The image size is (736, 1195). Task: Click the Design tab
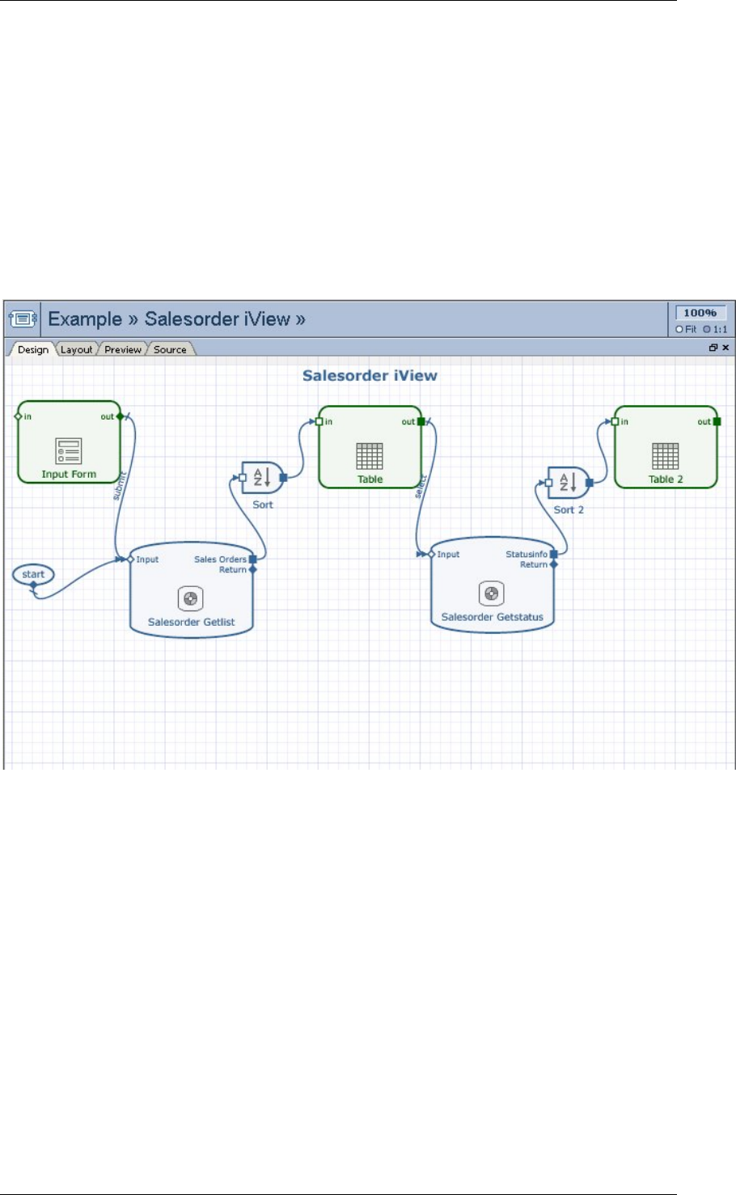(x=33, y=350)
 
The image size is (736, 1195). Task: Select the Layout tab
(x=76, y=350)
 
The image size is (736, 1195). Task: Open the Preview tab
(x=123, y=350)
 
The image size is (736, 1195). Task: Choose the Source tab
(x=170, y=350)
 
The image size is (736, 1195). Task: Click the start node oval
(x=33, y=575)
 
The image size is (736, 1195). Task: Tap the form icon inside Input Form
(x=69, y=451)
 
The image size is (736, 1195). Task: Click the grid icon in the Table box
(x=370, y=456)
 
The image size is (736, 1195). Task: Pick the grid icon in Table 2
(x=666, y=456)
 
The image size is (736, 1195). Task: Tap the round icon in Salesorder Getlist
(x=191, y=599)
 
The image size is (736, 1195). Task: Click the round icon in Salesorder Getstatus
(x=491, y=594)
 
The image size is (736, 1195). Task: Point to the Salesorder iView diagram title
(x=370, y=376)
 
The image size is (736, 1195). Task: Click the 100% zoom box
(x=700, y=313)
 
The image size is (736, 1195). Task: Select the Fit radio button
(x=679, y=329)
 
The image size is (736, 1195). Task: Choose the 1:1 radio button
(x=707, y=329)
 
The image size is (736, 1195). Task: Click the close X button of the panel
(x=725, y=348)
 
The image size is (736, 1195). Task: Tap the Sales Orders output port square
(x=253, y=559)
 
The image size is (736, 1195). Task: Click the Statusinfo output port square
(x=554, y=555)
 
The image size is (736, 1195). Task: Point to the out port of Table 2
(x=717, y=421)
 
